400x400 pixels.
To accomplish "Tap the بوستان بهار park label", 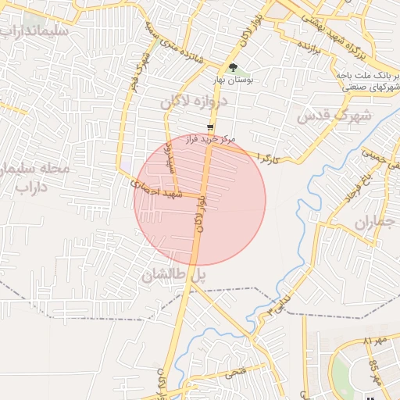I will [233, 80].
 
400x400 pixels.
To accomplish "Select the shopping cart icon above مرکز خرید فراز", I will [210, 128].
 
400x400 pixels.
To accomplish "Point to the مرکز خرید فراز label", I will [209, 140].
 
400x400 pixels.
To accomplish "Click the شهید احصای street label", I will [156, 188].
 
